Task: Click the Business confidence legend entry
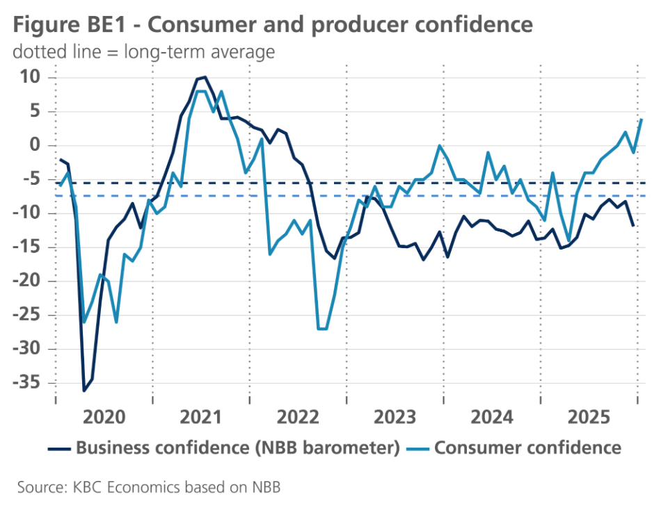[237, 448]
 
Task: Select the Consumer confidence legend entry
[527, 448]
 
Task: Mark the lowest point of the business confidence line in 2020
[84, 391]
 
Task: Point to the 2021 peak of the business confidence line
[205, 77]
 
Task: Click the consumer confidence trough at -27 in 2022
[321, 329]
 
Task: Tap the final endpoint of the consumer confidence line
[641, 119]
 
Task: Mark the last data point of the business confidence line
[633, 225]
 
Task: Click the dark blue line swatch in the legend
[59, 448]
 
